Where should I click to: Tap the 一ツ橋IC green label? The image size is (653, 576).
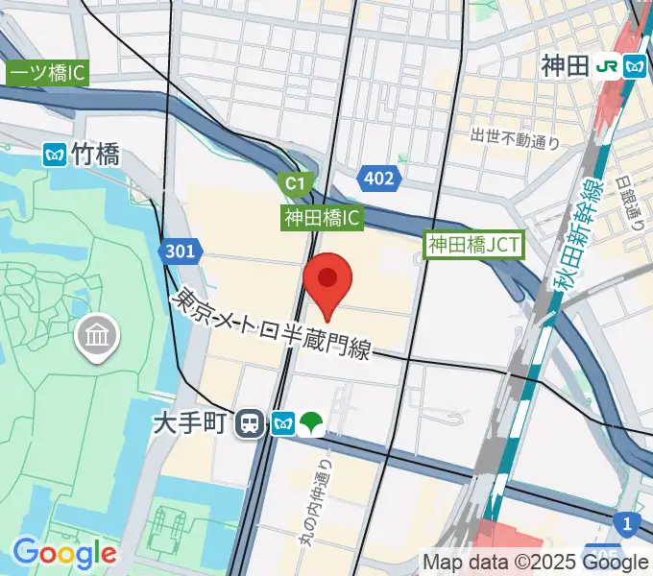tap(48, 73)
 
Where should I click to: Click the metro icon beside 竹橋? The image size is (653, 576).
tap(55, 154)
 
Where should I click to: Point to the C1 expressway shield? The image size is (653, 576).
tap(295, 181)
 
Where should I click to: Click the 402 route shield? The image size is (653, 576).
tap(378, 178)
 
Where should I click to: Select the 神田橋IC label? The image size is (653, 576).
tap(323, 218)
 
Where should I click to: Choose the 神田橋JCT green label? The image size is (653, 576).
tap(474, 245)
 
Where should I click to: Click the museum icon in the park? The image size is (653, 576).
tap(100, 336)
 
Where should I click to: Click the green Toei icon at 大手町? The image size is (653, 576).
tap(312, 422)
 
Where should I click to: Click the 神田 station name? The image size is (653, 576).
tap(564, 66)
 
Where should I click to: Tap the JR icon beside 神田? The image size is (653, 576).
tap(606, 66)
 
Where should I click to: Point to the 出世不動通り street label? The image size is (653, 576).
tap(515, 140)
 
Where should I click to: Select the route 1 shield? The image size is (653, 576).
tap(627, 522)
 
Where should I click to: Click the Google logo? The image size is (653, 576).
tap(64, 553)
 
